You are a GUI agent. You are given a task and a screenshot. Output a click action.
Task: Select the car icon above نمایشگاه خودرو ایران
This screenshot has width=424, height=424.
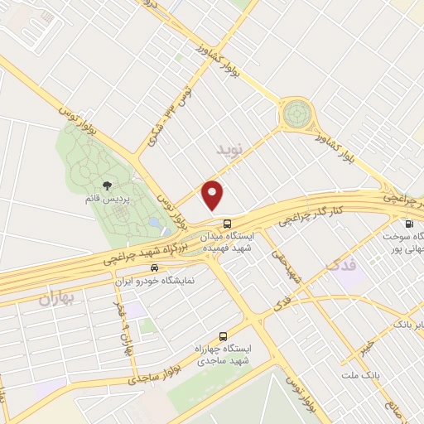(155, 268)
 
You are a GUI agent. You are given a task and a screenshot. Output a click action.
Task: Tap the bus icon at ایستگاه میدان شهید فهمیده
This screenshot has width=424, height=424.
(227, 223)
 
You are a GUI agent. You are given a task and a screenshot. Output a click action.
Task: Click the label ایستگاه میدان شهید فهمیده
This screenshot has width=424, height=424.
(227, 243)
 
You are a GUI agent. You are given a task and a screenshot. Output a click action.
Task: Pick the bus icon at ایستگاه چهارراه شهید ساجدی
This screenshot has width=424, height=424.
(222, 336)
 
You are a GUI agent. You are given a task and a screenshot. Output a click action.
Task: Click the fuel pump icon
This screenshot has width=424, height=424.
(408, 224)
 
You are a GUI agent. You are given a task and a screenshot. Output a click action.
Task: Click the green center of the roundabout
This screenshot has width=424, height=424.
(296, 113)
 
